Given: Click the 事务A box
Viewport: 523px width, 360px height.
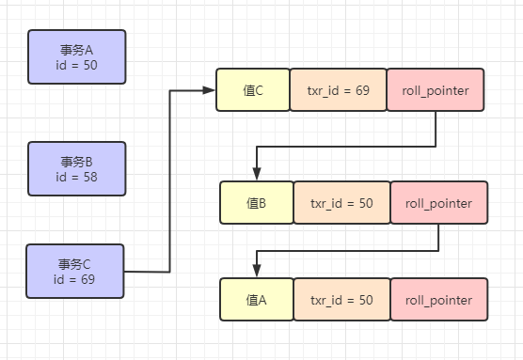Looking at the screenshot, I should point(76,56).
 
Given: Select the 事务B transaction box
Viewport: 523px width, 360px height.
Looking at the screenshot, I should point(76,168).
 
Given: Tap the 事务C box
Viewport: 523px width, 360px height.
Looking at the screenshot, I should point(75,271).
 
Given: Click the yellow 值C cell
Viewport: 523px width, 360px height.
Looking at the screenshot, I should point(252,91).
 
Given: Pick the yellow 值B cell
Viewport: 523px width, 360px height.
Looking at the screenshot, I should point(256,203).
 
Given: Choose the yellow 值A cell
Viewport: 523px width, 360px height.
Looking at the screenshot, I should point(256,300).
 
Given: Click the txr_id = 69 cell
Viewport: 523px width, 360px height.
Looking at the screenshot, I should point(338,91).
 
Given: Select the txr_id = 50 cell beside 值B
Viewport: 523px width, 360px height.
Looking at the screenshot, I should point(341,203).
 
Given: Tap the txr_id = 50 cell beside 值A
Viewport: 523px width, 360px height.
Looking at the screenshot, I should point(341,300).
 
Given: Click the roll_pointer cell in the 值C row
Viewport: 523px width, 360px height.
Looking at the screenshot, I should point(435,91).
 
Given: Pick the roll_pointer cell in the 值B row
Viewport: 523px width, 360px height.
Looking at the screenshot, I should point(438,203).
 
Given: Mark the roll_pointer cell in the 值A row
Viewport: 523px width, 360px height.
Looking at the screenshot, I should point(438,300).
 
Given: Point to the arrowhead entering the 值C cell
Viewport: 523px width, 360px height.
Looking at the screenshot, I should point(209,91).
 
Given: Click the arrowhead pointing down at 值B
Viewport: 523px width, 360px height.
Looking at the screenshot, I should point(256,174).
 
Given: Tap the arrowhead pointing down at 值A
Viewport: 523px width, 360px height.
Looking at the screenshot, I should point(256,272).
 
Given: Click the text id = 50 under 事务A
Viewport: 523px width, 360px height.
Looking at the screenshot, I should point(76,65).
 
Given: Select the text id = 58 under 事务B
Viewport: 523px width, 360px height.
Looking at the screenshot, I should point(76,177).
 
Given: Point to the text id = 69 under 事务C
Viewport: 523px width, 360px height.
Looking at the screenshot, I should point(75,279).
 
